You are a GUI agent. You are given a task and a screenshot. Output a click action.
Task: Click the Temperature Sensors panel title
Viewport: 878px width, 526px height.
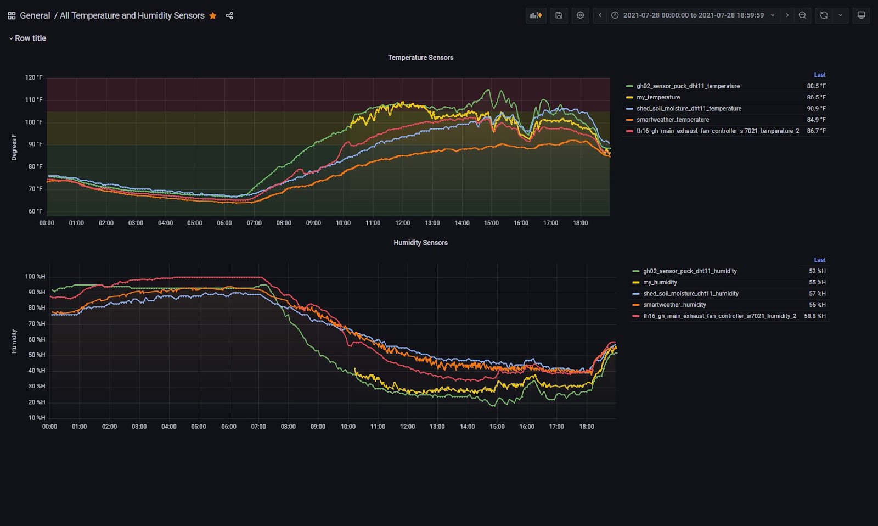pos(420,58)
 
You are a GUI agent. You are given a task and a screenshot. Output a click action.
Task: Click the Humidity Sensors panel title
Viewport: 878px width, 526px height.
pos(420,243)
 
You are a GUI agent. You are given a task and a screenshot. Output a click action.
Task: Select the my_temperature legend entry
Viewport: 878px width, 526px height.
pos(658,97)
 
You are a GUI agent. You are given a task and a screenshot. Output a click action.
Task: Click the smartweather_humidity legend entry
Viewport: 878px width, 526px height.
pos(674,305)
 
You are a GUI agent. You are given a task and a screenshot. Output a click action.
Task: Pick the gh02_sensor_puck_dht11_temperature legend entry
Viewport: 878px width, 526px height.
pos(688,86)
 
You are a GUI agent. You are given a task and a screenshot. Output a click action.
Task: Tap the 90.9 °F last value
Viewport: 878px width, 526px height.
pos(816,109)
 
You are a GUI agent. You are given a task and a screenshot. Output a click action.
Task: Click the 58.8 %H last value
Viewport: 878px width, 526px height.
pos(814,316)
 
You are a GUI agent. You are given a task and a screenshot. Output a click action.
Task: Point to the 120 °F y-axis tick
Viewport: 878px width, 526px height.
pos(33,77)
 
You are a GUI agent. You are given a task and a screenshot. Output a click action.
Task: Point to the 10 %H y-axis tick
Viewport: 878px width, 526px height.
pos(36,418)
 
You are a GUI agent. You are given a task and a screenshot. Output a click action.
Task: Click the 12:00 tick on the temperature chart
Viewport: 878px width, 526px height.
pos(402,223)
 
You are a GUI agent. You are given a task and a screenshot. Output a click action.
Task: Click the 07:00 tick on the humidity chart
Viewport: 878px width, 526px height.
pos(258,427)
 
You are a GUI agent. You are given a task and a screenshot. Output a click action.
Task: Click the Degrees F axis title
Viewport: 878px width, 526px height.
pos(14,147)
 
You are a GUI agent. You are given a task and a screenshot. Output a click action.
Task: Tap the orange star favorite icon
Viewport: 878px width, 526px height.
pos(213,16)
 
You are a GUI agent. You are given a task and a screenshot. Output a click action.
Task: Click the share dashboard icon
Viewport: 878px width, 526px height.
pos(229,16)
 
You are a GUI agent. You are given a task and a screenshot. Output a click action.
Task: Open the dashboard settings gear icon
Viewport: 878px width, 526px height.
pos(580,15)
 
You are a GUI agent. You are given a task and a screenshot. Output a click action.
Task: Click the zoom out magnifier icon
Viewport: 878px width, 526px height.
pos(802,15)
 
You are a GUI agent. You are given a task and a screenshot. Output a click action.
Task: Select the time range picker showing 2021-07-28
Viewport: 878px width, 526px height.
pos(693,15)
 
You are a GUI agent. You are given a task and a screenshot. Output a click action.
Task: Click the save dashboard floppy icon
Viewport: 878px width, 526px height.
pos(559,15)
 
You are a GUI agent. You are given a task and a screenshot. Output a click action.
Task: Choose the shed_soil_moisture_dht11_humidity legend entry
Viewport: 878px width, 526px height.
pos(690,294)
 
